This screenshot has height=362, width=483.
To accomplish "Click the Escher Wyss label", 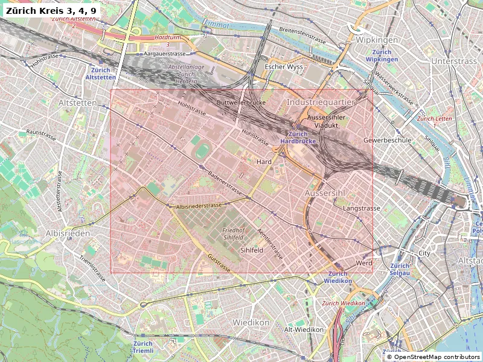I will pyautogui.click(x=284, y=66).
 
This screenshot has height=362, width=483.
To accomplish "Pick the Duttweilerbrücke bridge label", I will pyautogui.click(x=241, y=103).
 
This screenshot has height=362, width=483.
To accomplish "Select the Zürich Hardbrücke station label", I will pyautogui.click(x=299, y=138).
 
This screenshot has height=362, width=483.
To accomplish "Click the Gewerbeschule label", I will pyautogui.click(x=387, y=140).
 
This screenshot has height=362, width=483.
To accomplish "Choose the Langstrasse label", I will pyautogui.click(x=361, y=208).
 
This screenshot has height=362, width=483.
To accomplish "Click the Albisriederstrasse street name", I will pyautogui.click(x=199, y=206).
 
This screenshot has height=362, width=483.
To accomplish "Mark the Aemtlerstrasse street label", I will pyautogui.click(x=270, y=240).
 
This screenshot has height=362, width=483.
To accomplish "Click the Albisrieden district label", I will pyautogui.click(x=68, y=233).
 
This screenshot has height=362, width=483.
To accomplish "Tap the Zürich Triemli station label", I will pyautogui.click(x=143, y=347).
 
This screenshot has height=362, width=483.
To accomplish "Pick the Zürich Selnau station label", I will pyautogui.click(x=400, y=269).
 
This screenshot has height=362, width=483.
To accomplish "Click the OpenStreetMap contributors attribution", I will pyautogui.click(x=433, y=357).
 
